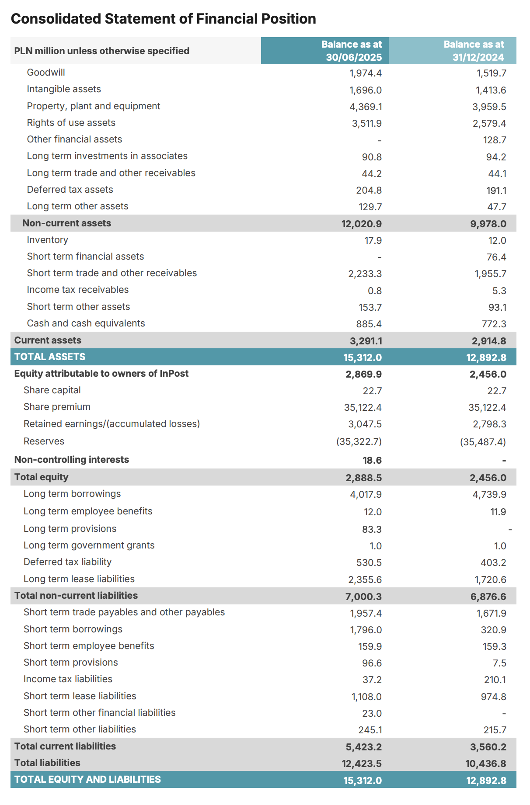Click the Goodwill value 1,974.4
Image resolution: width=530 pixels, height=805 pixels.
(366, 73)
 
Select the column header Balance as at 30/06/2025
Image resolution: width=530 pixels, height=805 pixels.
(352, 51)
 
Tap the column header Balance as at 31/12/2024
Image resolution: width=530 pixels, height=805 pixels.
(474, 51)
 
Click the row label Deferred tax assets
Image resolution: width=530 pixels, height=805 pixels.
(70, 190)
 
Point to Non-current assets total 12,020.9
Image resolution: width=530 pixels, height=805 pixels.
(361, 224)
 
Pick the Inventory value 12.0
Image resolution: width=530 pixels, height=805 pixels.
(497, 240)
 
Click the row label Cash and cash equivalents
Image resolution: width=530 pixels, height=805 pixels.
(86, 323)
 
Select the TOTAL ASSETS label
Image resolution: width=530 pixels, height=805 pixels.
(50, 357)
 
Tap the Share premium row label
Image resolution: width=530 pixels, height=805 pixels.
(57, 407)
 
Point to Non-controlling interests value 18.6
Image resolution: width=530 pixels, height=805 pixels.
(372, 460)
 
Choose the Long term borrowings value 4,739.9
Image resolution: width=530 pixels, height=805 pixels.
(489, 494)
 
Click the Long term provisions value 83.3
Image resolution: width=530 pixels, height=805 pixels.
(372, 529)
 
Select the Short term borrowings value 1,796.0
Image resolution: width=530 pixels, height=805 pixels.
(366, 630)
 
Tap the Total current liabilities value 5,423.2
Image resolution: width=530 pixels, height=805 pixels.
(363, 747)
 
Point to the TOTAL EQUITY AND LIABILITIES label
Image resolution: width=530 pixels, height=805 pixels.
(87, 780)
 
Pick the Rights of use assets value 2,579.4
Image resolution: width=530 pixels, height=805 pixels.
(489, 124)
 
